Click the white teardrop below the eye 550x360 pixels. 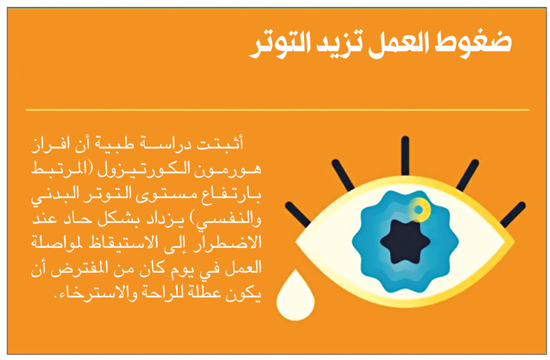coord(295,298)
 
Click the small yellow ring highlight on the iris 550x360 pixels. coord(419,209)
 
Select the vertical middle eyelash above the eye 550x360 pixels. coord(405,156)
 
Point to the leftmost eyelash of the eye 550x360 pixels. coord(298,215)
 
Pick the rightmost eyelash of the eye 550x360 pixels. coord(513,215)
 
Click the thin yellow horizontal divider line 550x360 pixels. coord(277,110)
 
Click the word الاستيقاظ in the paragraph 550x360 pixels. coord(117,242)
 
